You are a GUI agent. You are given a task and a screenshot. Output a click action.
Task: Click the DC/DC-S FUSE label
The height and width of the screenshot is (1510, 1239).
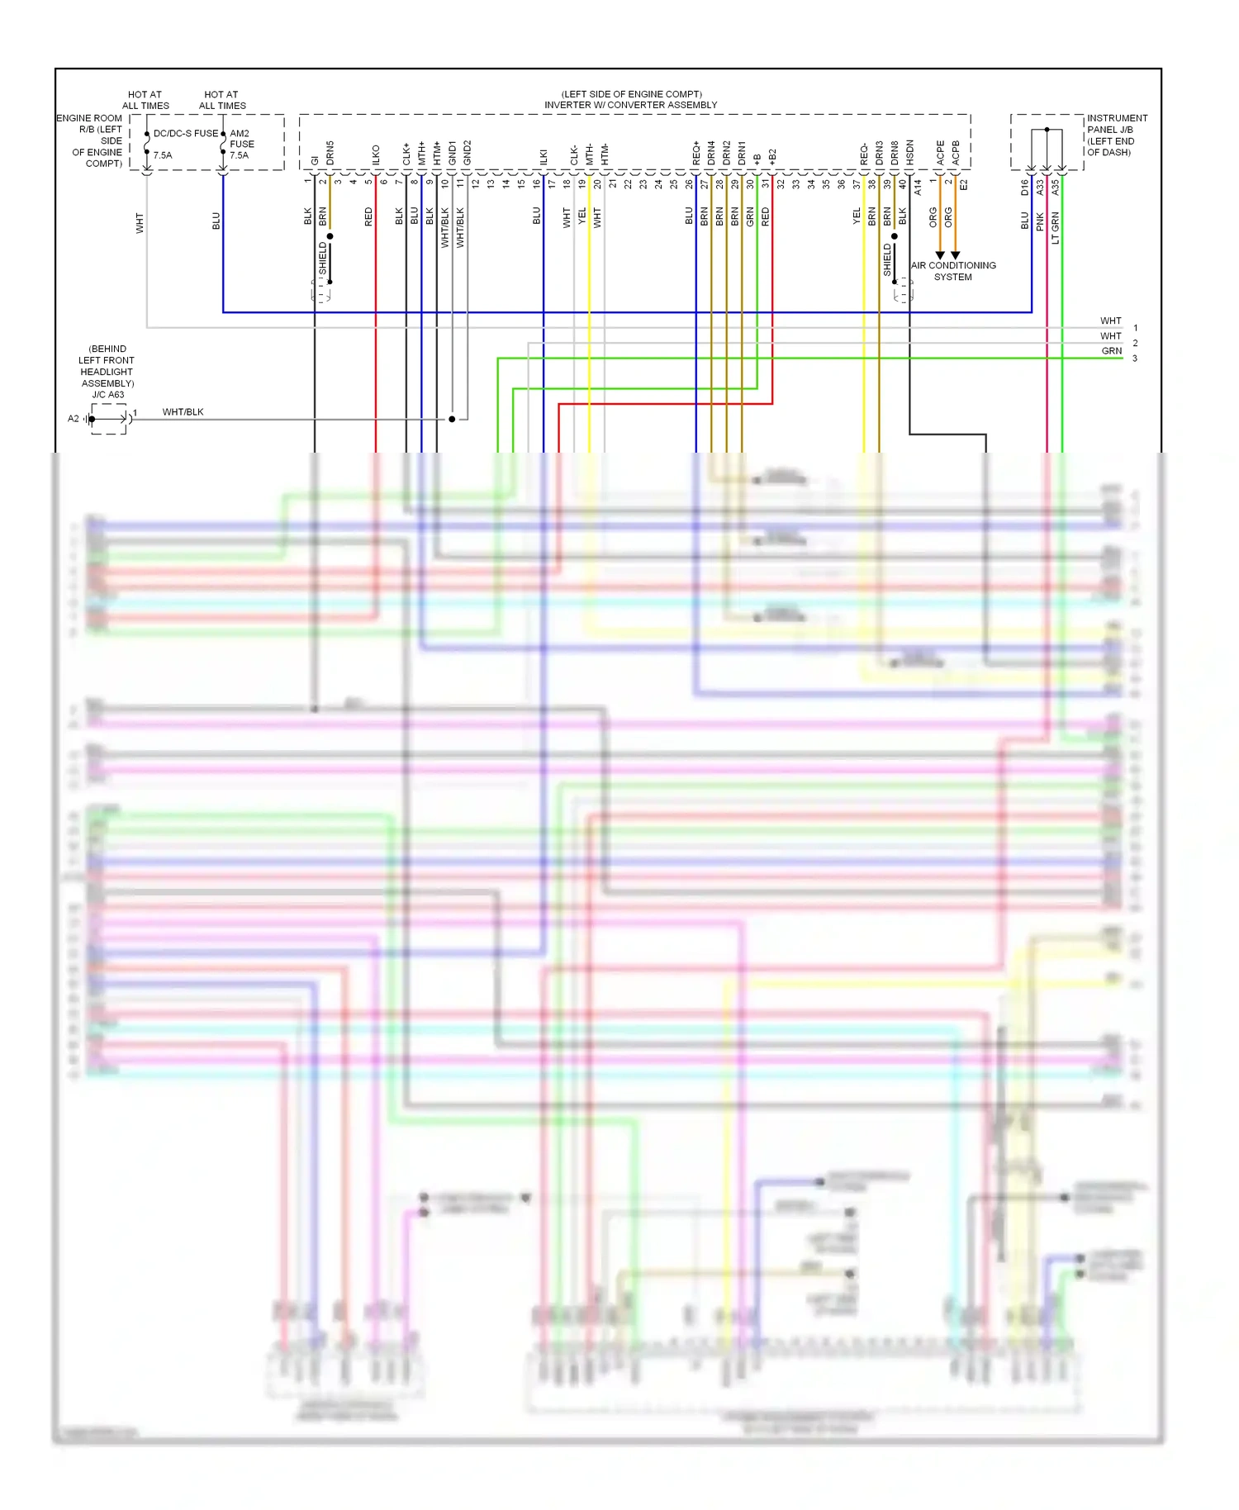click(186, 133)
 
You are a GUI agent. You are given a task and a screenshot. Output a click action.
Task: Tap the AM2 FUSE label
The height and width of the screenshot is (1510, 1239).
click(241, 139)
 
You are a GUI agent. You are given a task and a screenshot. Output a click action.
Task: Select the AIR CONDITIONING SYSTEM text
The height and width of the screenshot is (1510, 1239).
click(953, 271)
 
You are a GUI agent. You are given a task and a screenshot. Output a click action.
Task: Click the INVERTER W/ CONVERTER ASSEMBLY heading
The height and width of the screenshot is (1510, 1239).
click(630, 105)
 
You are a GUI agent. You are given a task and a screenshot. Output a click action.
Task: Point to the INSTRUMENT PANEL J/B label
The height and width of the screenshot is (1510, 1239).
click(1116, 124)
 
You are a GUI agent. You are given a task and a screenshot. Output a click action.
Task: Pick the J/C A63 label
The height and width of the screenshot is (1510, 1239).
click(107, 395)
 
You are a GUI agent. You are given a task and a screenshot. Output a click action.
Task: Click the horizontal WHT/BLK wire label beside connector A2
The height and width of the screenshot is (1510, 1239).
click(183, 412)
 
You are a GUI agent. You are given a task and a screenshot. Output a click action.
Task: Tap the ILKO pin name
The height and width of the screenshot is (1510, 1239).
click(376, 155)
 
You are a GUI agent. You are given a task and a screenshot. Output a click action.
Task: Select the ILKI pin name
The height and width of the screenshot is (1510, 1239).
click(544, 157)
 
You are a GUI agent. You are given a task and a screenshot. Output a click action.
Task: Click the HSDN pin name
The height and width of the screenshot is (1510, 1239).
click(909, 152)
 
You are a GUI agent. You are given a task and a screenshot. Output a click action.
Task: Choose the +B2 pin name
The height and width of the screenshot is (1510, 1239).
click(772, 157)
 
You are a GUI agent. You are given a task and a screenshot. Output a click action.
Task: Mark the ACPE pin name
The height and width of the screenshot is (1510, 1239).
click(940, 153)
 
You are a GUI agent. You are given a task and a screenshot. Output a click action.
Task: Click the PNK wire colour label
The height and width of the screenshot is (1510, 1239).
click(1041, 221)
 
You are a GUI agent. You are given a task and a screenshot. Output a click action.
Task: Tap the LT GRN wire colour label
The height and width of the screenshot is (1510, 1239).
click(1055, 228)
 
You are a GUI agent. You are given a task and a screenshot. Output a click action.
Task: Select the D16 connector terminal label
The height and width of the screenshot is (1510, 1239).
click(1024, 188)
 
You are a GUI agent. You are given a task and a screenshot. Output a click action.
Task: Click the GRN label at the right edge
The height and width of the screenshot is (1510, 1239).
click(1112, 351)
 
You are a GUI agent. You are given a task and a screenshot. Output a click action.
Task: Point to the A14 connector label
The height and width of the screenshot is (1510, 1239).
click(917, 188)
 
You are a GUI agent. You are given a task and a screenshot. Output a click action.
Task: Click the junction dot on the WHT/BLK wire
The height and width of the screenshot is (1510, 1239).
click(452, 420)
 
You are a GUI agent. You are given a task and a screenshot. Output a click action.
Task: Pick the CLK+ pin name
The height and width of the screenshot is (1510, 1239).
click(406, 154)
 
